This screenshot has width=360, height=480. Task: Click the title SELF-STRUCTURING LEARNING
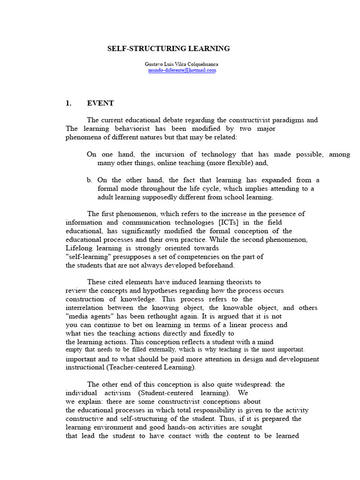click(x=169, y=48)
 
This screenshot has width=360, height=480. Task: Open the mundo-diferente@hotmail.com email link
click(x=182, y=70)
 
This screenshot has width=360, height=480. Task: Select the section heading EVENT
click(x=100, y=103)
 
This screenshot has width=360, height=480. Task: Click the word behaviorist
click(x=140, y=128)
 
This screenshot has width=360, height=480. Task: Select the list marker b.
click(x=90, y=180)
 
